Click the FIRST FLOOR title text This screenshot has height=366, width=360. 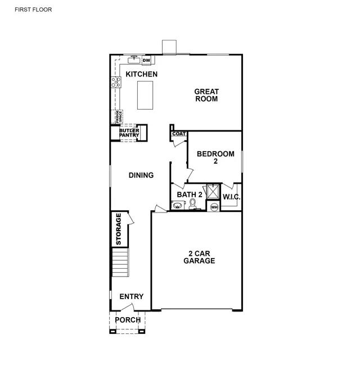point(33,10)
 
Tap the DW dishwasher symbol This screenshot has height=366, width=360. point(146,61)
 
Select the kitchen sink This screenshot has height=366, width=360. point(134,60)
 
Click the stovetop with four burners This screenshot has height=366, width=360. point(116,82)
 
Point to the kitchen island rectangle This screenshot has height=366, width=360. point(145,95)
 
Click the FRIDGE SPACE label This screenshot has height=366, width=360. point(119,117)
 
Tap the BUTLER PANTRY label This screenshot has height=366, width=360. point(129,133)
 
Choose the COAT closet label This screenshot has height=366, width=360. point(179,134)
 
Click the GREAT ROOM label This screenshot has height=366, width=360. point(206,95)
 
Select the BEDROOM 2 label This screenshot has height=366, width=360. point(215,157)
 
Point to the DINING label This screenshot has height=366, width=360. point(141,175)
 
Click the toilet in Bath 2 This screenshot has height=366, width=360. point(192,204)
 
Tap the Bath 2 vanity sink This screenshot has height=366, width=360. point(177,206)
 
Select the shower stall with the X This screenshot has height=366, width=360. point(213,192)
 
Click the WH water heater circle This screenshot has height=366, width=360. point(214,207)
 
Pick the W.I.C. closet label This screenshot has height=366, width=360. point(231,197)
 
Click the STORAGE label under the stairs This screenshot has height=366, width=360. point(119,229)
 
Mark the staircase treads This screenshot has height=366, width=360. point(120,263)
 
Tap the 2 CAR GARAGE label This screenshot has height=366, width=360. point(199,257)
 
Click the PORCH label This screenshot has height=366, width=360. point(128,320)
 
